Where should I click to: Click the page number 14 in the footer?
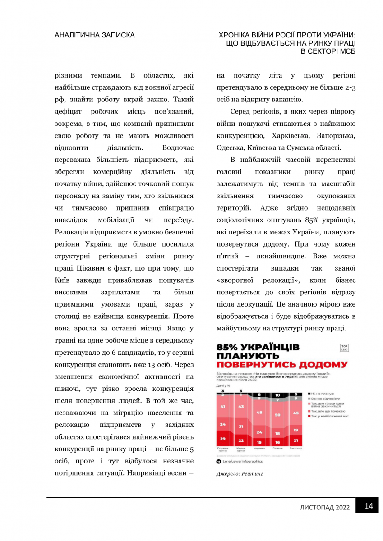pyautogui.click(x=369, y=506)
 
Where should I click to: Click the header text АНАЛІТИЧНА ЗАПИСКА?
pyautogui.click(x=94, y=35)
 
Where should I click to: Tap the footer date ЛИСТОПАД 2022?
pyautogui.click(x=325, y=507)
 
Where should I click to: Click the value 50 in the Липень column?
pyautogui.click(x=277, y=415)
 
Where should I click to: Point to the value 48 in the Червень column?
pyautogui.click(x=259, y=412)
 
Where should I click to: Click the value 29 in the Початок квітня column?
pyautogui.click(x=222, y=438)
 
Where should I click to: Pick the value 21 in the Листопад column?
pyautogui.click(x=295, y=440)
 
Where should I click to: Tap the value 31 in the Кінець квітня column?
pyautogui.click(x=241, y=426)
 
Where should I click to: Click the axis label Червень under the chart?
pyautogui.click(x=259, y=448)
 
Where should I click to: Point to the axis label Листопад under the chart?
pyautogui.click(x=295, y=448)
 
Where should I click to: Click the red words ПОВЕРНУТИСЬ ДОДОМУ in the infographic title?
pyautogui.click(x=282, y=364)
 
